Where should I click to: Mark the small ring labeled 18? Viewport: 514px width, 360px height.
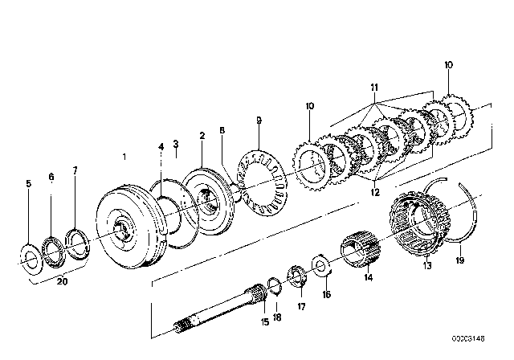pos(274,283)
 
